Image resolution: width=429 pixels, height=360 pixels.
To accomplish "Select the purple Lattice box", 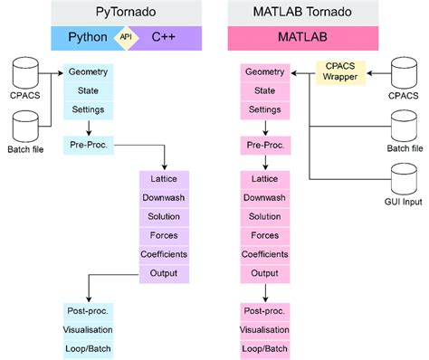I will pos(164,179).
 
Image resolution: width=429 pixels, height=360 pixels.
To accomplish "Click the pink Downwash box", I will pos(264,198).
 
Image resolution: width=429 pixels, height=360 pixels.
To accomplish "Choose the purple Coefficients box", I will pos(164,254).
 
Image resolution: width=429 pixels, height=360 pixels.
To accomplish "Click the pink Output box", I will pos(264,273).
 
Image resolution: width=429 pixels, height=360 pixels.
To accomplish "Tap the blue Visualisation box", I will pos(88,329).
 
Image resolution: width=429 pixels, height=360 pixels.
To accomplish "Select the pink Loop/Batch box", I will pos(264,348).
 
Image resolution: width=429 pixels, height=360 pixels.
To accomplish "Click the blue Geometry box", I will pos(88,72).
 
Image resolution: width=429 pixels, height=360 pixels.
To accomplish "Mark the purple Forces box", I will pos(164,235).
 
